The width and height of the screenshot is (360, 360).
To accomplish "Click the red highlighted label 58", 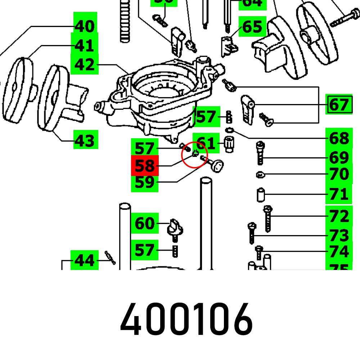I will coord(144,166).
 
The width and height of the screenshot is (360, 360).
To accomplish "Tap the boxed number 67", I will coord(339,105).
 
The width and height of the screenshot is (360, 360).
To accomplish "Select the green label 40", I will coord(85,26).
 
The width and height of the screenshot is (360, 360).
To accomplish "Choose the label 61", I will coord(206,144).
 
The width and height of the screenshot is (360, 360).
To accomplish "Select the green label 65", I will coord(252,26).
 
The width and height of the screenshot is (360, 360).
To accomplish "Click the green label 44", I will coord(85,260).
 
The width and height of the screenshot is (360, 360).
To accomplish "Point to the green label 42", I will coord(85,65).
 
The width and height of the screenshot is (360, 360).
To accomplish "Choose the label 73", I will coord(339,235).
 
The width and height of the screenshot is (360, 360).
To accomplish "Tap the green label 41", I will coord(85,46).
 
